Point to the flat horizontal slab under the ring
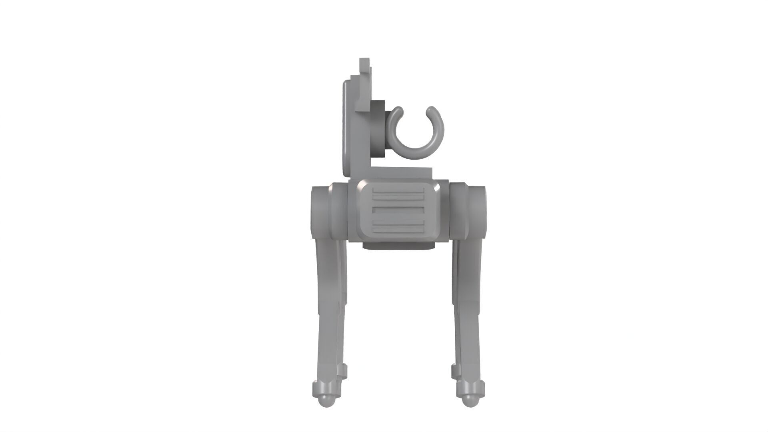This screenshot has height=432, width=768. pos(400,172)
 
